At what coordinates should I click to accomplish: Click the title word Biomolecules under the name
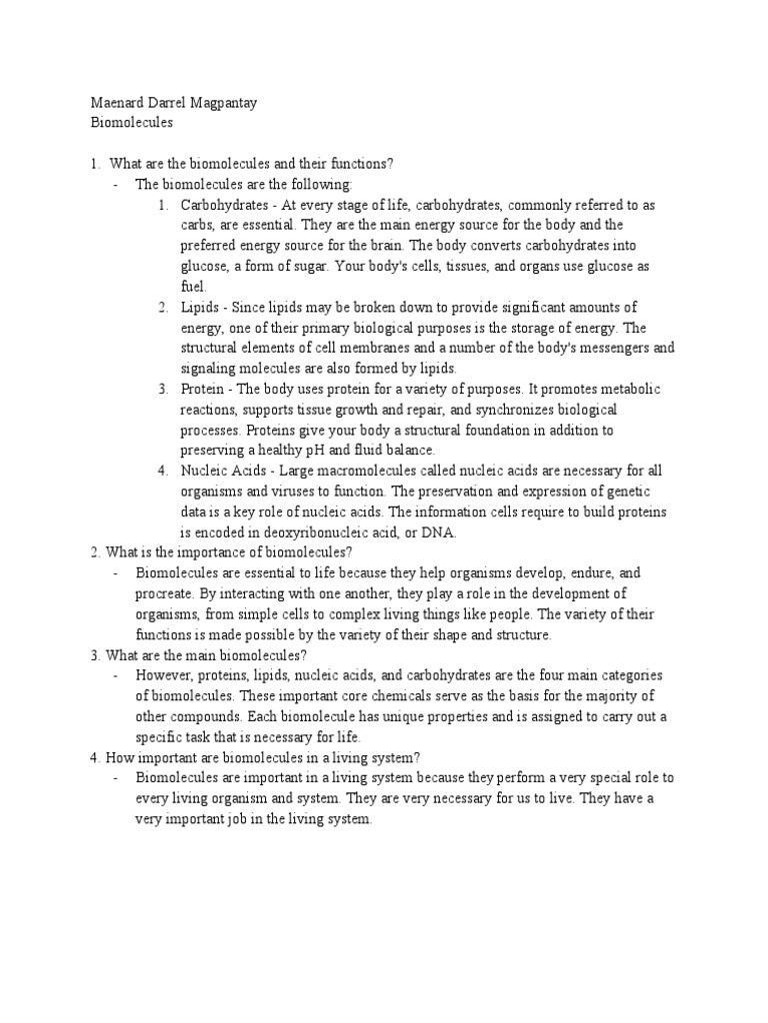click(x=131, y=122)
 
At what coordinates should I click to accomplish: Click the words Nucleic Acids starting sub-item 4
click(x=226, y=471)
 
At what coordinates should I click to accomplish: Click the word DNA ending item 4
click(x=438, y=532)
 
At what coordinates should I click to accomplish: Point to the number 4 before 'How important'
click(x=93, y=757)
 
